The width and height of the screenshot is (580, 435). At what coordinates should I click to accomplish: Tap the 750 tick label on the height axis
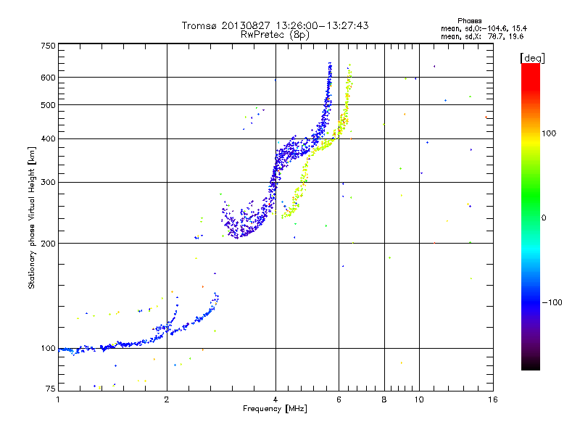[x=49, y=46]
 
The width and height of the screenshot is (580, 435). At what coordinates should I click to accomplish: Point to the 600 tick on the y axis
[x=49, y=78]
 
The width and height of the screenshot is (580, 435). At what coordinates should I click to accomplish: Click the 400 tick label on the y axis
[x=49, y=138]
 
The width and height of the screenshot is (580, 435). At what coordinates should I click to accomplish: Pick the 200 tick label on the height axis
[x=49, y=244]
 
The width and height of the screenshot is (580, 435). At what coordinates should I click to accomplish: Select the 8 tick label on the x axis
[x=384, y=399]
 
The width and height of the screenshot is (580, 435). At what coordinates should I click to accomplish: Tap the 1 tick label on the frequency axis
[x=59, y=399]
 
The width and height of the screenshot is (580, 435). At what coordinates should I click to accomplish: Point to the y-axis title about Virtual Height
[x=32, y=217]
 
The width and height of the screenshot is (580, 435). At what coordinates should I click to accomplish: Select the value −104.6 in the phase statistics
[x=490, y=28]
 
